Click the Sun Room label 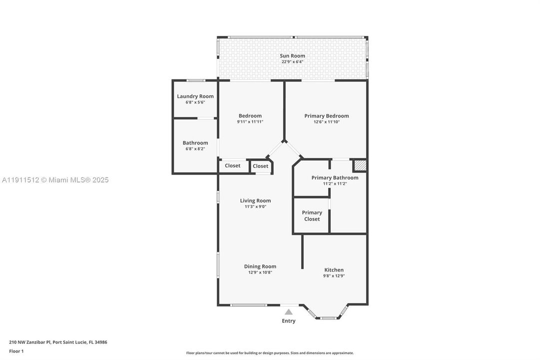[x=292, y=56]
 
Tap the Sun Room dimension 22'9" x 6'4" [x=292, y=62]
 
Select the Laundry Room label [x=195, y=96]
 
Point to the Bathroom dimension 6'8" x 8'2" [x=195, y=148]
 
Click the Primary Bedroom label [x=327, y=116]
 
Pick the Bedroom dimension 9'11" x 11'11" [x=250, y=121]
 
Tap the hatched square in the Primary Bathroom [x=360, y=165]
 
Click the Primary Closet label [x=312, y=215]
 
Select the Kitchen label [x=334, y=270]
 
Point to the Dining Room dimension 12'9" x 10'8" [x=260, y=272]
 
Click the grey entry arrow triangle [x=289, y=312]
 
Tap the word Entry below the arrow [x=289, y=321]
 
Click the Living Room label [x=255, y=201]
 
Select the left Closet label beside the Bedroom [x=232, y=165]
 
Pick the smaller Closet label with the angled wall [x=260, y=166]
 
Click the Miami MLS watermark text [x=55, y=180]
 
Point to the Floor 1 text [x=16, y=351]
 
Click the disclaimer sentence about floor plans [x=270, y=353]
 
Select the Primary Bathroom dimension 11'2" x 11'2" [x=335, y=183]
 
